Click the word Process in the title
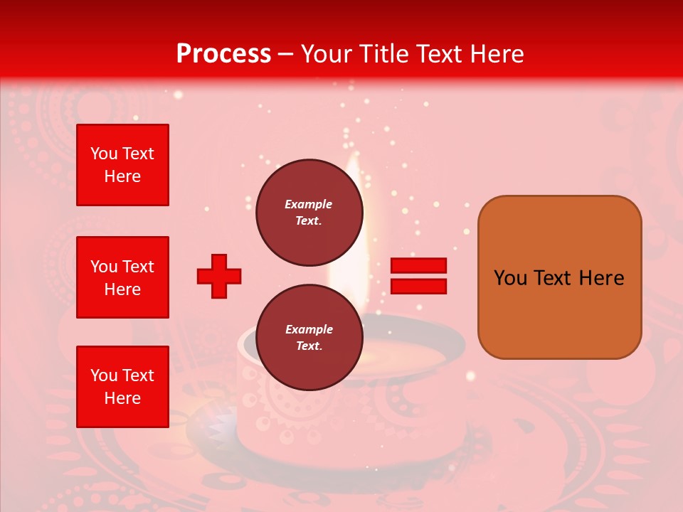[x=223, y=54]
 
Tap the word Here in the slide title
[x=496, y=54]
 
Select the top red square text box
[x=122, y=165]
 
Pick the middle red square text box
[x=122, y=277]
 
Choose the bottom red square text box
[x=122, y=387]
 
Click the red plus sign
[x=219, y=276]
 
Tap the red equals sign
[x=419, y=276]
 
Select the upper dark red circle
[x=309, y=213]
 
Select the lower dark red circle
[x=309, y=338]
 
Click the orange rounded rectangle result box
[x=559, y=277]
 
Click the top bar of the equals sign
[x=419, y=265]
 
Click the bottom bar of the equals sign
[x=419, y=287]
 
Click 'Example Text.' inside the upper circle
[x=309, y=213]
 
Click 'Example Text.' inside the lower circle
[x=309, y=338]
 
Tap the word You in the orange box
[x=510, y=278]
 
